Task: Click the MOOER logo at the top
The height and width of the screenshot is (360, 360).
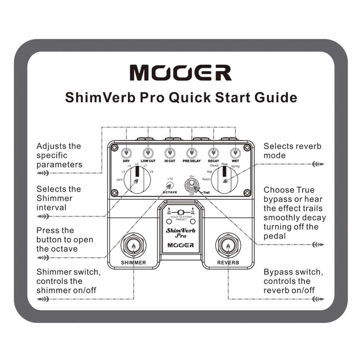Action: click(180, 73)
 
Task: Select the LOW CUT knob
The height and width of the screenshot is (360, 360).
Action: click(148, 152)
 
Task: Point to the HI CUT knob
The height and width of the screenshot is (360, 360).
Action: click(170, 152)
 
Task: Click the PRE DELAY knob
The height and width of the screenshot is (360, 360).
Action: click(191, 152)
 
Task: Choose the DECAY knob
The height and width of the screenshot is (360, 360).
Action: click(213, 152)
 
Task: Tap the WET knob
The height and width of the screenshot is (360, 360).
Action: click(235, 152)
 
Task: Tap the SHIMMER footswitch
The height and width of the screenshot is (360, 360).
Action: click(134, 246)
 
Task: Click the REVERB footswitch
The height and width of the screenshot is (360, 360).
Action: click(228, 246)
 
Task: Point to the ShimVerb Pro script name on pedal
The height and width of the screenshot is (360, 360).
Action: click(180, 233)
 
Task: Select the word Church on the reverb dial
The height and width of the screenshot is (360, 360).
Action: click(214, 165)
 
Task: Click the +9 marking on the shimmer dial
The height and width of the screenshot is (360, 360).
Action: click(152, 171)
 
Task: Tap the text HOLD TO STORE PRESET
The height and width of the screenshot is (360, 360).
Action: click(181, 218)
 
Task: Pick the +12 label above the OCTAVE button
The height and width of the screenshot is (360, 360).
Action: click(170, 179)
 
